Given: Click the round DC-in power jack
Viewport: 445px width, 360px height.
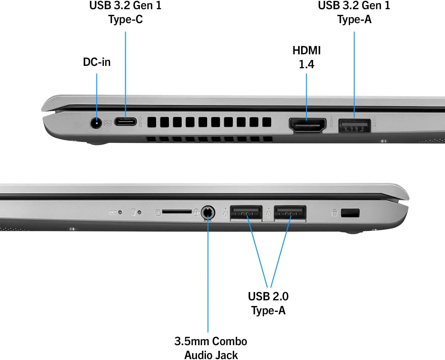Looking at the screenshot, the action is (x=96, y=123).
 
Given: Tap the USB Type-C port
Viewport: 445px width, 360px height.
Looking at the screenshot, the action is (x=125, y=121).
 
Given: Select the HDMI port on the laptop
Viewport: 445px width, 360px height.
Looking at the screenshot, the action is (x=307, y=125).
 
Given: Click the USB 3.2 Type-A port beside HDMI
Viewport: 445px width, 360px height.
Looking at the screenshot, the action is (x=354, y=125).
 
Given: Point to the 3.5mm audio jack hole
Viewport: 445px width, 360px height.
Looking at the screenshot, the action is (x=208, y=213).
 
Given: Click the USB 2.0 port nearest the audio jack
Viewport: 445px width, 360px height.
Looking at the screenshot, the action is (x=246, y=212).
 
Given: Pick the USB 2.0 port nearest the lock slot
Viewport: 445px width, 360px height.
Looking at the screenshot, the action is (x=290, y=212).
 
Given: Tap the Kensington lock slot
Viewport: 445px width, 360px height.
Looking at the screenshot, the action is (x=350, y=213).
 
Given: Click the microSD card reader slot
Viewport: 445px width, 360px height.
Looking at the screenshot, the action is (x=177, y=212).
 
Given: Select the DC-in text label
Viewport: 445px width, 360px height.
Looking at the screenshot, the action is (x=97, y=62).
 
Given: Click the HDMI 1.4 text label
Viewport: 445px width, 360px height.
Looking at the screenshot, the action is (x=306, y=57).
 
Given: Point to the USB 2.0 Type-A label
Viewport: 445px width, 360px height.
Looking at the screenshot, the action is (x=268, y=303).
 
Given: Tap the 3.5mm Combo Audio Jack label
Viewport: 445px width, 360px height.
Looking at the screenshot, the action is (x=211, y=348).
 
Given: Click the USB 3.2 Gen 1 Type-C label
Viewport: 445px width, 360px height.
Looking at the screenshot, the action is (x=125, y=12).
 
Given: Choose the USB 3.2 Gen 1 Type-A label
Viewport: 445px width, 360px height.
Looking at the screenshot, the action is (x=354, y=12).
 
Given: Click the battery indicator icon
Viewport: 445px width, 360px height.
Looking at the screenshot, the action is (x=113, y=212).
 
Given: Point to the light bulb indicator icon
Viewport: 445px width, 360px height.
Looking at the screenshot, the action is (x=133, y=212).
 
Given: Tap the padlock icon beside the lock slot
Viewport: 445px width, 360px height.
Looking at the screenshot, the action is (x=334, y=213).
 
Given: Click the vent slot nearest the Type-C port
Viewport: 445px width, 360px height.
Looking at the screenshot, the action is (x=152, y=122).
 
